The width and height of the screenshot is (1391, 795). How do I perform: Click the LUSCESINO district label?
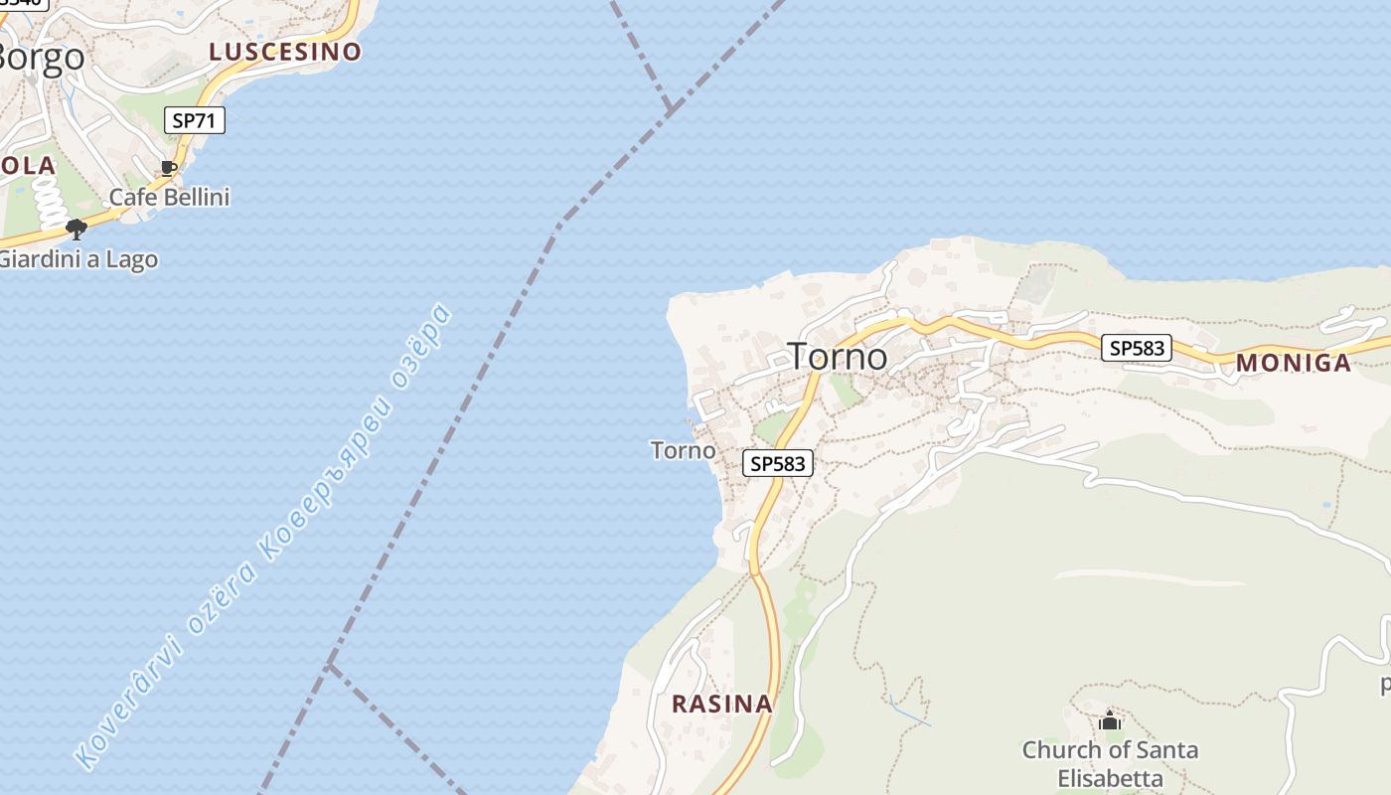[x=284, y=53]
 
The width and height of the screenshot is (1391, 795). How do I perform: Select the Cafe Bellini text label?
[x=169, y=197]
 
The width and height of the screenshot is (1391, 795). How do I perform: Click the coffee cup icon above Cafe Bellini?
[x=169, y=168]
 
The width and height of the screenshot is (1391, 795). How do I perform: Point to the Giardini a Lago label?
[x=77, y=259]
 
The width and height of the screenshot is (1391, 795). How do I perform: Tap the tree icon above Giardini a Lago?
[x=76, y=230]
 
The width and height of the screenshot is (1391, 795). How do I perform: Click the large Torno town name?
[x=837, y=356]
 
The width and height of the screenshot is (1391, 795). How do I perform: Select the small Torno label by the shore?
[x=683, y=450]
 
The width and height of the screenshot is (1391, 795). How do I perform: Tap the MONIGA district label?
[x=1293, y=363]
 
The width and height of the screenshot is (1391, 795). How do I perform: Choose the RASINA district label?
[x=721, y=704]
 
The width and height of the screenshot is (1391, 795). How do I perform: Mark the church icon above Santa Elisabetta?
[x=1110, y=720]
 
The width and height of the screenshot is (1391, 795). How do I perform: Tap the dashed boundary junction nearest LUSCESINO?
[x=672, y=105]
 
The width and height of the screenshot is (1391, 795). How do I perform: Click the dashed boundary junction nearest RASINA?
[x=330, y=664]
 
